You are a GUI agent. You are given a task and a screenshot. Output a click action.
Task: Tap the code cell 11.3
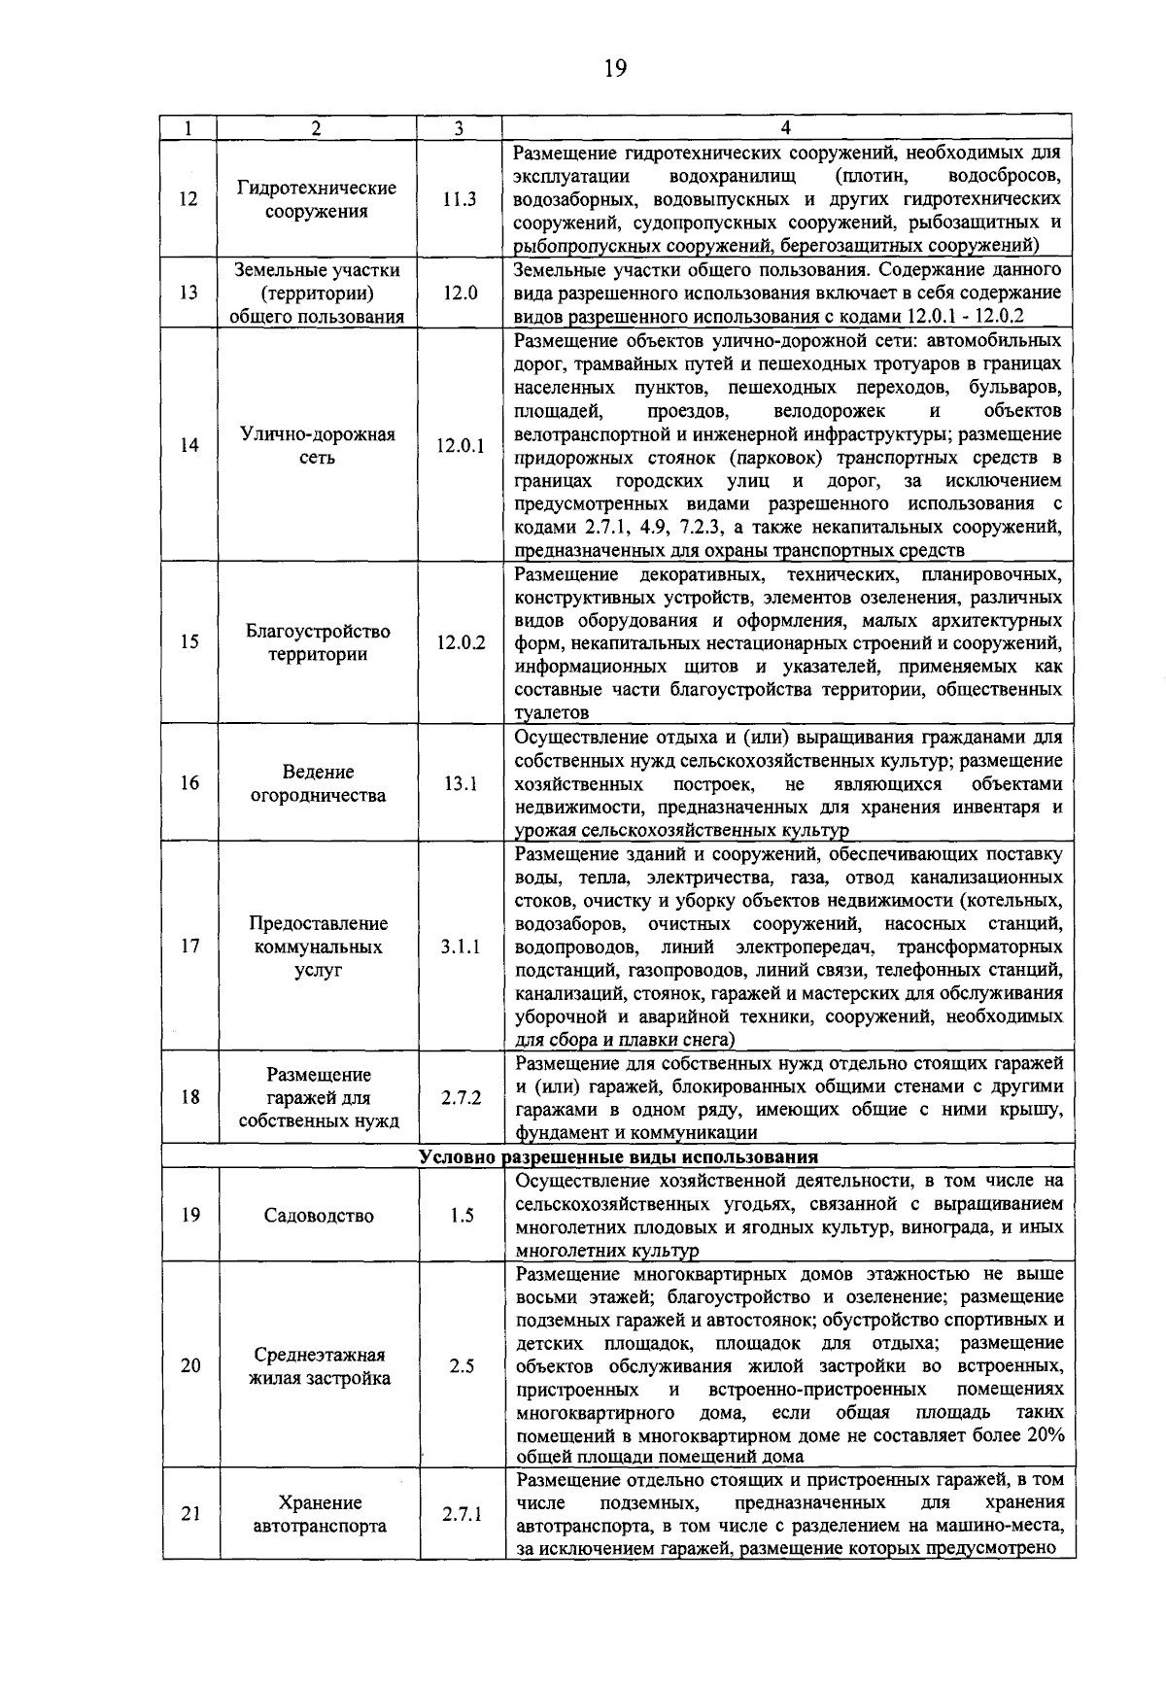pyautogui.click(x=459, y=199)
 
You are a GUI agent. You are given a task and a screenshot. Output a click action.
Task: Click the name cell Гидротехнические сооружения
pyautogui.click(x=318, y=199)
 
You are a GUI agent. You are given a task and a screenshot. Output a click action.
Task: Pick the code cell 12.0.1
pyautogui.click(x=460, y=446)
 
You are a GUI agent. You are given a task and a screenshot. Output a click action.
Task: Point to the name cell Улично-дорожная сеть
pyautogui.click(x=318, y=446)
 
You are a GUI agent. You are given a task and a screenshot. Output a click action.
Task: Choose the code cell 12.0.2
pyautogui.click(x=461, y=642)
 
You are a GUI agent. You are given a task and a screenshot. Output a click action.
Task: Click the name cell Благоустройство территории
pyautogui.click(x=318, y=642)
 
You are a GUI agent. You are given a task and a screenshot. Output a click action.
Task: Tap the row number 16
pyautogui.click(x=189, y=783)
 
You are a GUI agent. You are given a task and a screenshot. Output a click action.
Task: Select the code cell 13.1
pyautogui.click(x=460, y=783)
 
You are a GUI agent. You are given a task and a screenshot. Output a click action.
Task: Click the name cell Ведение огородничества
pyautogui.click(x=319, y=783)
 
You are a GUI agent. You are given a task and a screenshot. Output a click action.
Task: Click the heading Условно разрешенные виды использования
pyautogui.click(x=619, y=1156)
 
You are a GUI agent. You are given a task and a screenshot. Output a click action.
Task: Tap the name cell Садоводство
pyautogui.click(x=319, y=1216)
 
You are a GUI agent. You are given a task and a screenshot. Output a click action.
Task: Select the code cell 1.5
pyautogui.click(x=463, y=1216)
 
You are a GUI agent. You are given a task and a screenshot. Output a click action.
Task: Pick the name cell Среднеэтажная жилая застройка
pyautogui.click(x=320, y=1366)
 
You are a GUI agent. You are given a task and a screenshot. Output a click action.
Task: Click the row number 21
pyautogui.click(x=190, y=1514)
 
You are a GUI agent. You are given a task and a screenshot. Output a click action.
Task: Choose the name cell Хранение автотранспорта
pyautogui.click(x=320, y=1514)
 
